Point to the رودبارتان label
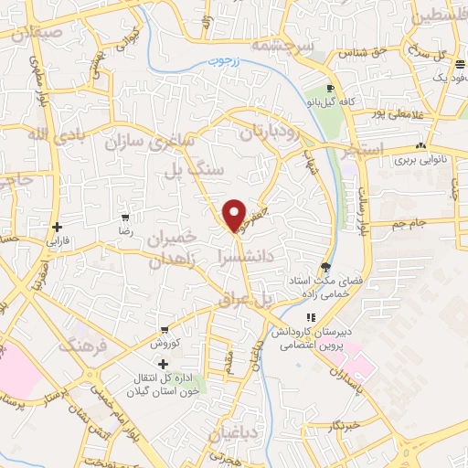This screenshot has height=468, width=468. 271,133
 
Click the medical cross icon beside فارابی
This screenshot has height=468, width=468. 58,227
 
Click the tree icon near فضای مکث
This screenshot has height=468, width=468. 327,267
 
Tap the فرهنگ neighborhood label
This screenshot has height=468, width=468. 84,346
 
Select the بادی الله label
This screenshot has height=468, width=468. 45,138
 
